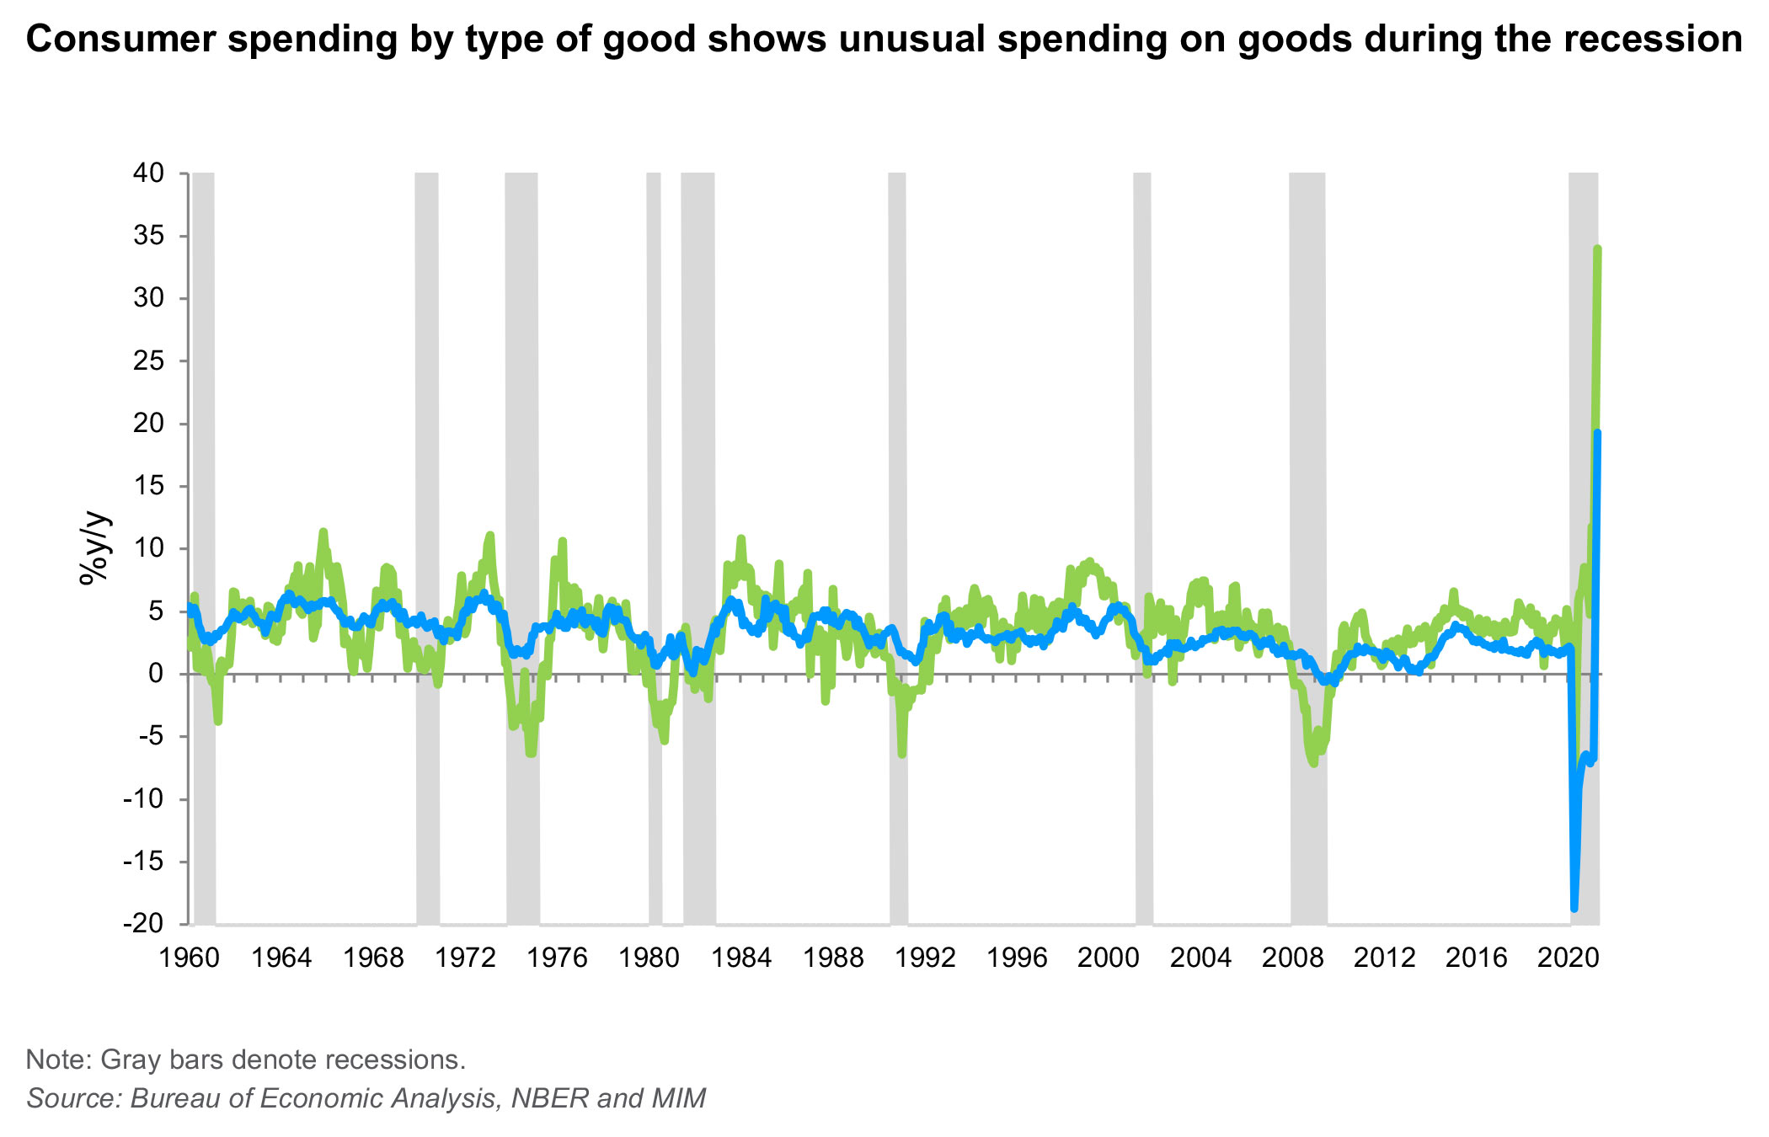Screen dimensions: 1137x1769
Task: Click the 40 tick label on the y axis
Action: [x=148, y=173]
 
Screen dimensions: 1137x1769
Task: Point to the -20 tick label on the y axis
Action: [x=143, y=924]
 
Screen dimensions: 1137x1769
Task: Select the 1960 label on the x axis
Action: [x=190, y=958]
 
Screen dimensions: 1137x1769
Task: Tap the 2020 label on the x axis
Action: [x=1569, y=958]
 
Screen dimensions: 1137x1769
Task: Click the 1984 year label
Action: [x=741, y=958]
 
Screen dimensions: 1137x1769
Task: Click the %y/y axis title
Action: [x=94, y=547]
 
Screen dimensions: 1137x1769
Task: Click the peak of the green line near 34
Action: [x=1597, y=249]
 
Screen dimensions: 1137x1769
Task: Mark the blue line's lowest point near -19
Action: [x=1574, y=908]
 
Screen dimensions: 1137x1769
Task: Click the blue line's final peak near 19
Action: [x=1597, y=434]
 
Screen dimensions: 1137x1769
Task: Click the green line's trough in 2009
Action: [x=1314, y=763]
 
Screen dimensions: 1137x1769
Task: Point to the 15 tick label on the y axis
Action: [x=148, y=486]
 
